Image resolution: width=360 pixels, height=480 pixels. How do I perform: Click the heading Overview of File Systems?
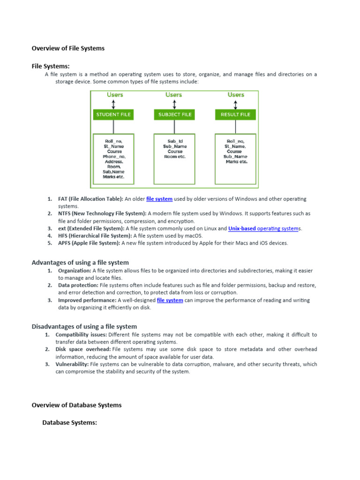pos(68,48)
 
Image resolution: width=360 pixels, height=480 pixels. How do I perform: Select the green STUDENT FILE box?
pos(113,114)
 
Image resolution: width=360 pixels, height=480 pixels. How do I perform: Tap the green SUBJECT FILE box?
pos(173,114)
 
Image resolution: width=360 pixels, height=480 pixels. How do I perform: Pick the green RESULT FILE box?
pos(235,114)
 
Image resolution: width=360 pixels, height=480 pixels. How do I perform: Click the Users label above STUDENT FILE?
pos(115,95)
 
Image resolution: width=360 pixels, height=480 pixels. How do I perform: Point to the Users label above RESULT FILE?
pos(236,95)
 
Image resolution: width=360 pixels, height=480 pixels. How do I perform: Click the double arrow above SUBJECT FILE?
pos(173,104)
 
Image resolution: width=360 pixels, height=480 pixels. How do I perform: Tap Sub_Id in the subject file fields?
pos(174,141)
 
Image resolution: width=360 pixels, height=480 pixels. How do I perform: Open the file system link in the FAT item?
pos(159,199)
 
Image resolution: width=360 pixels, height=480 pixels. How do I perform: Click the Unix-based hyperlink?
pos(241,228)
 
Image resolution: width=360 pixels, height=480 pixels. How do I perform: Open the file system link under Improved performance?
pos(170,300)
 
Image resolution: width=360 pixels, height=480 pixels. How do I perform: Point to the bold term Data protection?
pos(78,285)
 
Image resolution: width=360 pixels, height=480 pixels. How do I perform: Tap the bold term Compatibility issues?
pos(81,335)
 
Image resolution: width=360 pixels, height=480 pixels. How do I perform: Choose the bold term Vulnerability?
pos(72,364)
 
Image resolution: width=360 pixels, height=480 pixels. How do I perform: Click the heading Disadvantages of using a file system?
pos(84,326)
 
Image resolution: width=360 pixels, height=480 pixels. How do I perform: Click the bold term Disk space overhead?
pos(83,349)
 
